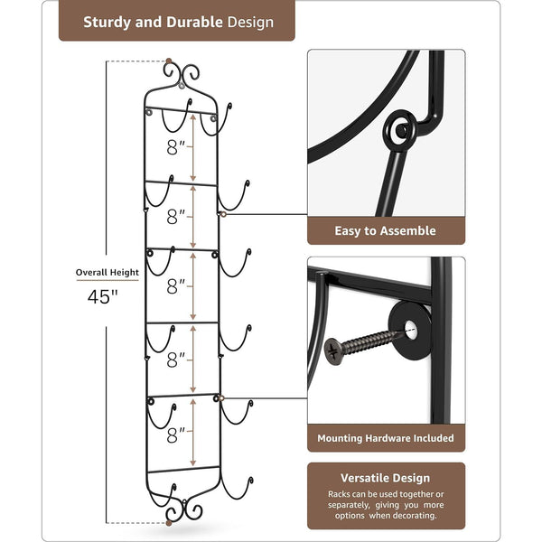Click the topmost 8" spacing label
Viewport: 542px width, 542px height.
176,145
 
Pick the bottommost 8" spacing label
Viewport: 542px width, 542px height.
176,434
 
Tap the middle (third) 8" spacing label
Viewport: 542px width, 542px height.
176,286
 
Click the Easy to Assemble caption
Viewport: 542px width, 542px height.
386,231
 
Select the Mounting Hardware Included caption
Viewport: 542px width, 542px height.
386,439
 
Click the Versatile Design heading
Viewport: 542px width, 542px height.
386,477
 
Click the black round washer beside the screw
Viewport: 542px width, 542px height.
409,325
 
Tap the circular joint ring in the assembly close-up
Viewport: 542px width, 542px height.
400,130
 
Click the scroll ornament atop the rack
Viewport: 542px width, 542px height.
182,72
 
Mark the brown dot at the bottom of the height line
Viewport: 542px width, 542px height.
168,521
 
